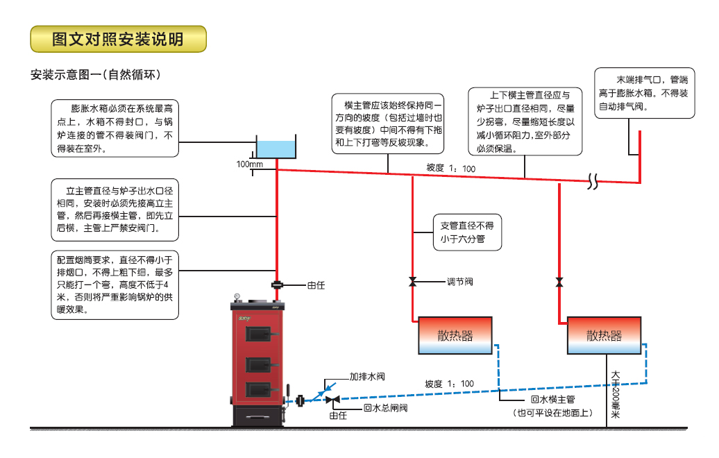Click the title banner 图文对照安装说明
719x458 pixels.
[x=119, y=40]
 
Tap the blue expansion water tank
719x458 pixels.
[x=276, y=148]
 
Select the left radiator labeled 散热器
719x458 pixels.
[x=455, y=336]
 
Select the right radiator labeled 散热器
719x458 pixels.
[x=604, y=336]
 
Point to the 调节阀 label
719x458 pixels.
[x=459, y=282]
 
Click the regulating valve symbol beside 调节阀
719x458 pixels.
[x=413, y=282]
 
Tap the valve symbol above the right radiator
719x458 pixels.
[x=559, y=282]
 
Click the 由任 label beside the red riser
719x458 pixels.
[x=316, y=284]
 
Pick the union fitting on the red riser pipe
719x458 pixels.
[x=277, y=284]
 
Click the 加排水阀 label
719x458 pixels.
[x=366, y=377]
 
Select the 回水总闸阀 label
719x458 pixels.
[x=385, y=407]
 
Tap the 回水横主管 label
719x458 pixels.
[x=552, y=399]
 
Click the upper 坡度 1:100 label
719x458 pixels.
[x=450, y=168]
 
